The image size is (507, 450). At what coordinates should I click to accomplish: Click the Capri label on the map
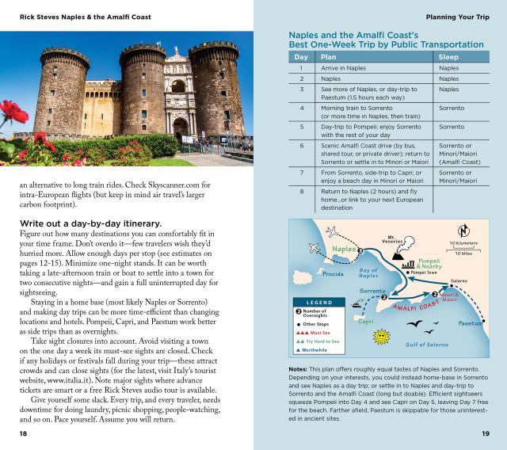[366, 322]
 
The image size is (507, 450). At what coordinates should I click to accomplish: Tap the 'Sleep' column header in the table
[448, 57]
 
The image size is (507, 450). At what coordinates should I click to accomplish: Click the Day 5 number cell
[302, 127]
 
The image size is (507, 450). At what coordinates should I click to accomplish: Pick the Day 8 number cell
[302, 191]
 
